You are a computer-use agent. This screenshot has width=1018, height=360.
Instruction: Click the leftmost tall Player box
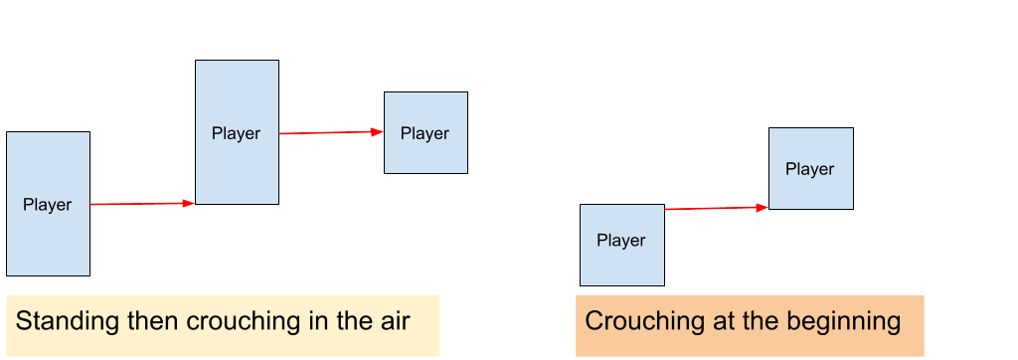tap(48, 239)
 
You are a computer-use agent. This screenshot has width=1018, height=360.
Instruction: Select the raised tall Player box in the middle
tap(237, 164)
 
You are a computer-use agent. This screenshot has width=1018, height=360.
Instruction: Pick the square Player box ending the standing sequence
tap(425, 154)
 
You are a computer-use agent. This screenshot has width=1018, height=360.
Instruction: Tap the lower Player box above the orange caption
tap(621, 261)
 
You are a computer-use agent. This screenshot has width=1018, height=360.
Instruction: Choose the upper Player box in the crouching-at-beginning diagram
tap(810, 189)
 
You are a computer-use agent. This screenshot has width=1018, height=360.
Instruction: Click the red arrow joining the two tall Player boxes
tap(139, 204)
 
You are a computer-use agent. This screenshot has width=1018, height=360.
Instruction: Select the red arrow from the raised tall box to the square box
tap(328, 132)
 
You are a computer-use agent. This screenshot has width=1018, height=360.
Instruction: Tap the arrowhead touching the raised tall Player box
tap(189, 203)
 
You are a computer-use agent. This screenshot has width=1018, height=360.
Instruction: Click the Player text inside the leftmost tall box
tap(48, 205)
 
